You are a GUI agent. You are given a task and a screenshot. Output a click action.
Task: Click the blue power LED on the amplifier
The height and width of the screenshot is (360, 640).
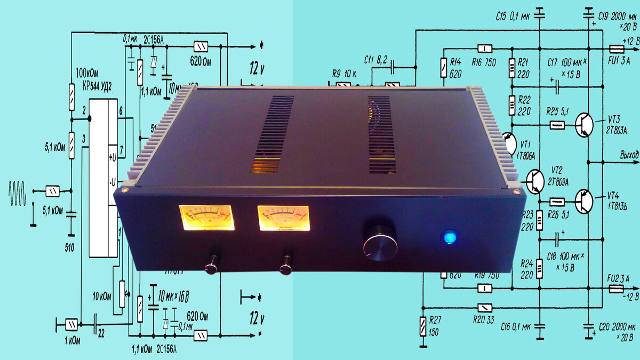pyautogui.click(x=450, y=237)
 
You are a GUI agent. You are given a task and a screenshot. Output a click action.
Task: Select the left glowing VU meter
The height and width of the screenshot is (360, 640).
pyautogui.click(x=206, y=218)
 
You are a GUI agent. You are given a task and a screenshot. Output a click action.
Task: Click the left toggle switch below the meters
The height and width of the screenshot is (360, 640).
pyautogui.click(x=212, y=263)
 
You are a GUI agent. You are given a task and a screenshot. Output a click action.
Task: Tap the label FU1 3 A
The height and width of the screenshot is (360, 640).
pyautogui.click(x=619, y=60)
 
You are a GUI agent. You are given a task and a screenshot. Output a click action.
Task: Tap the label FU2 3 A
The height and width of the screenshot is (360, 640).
pyautogui.click(x=619, y=277)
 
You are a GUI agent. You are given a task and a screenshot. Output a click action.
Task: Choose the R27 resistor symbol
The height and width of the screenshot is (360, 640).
pyautogui.click(x=422, y=325)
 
